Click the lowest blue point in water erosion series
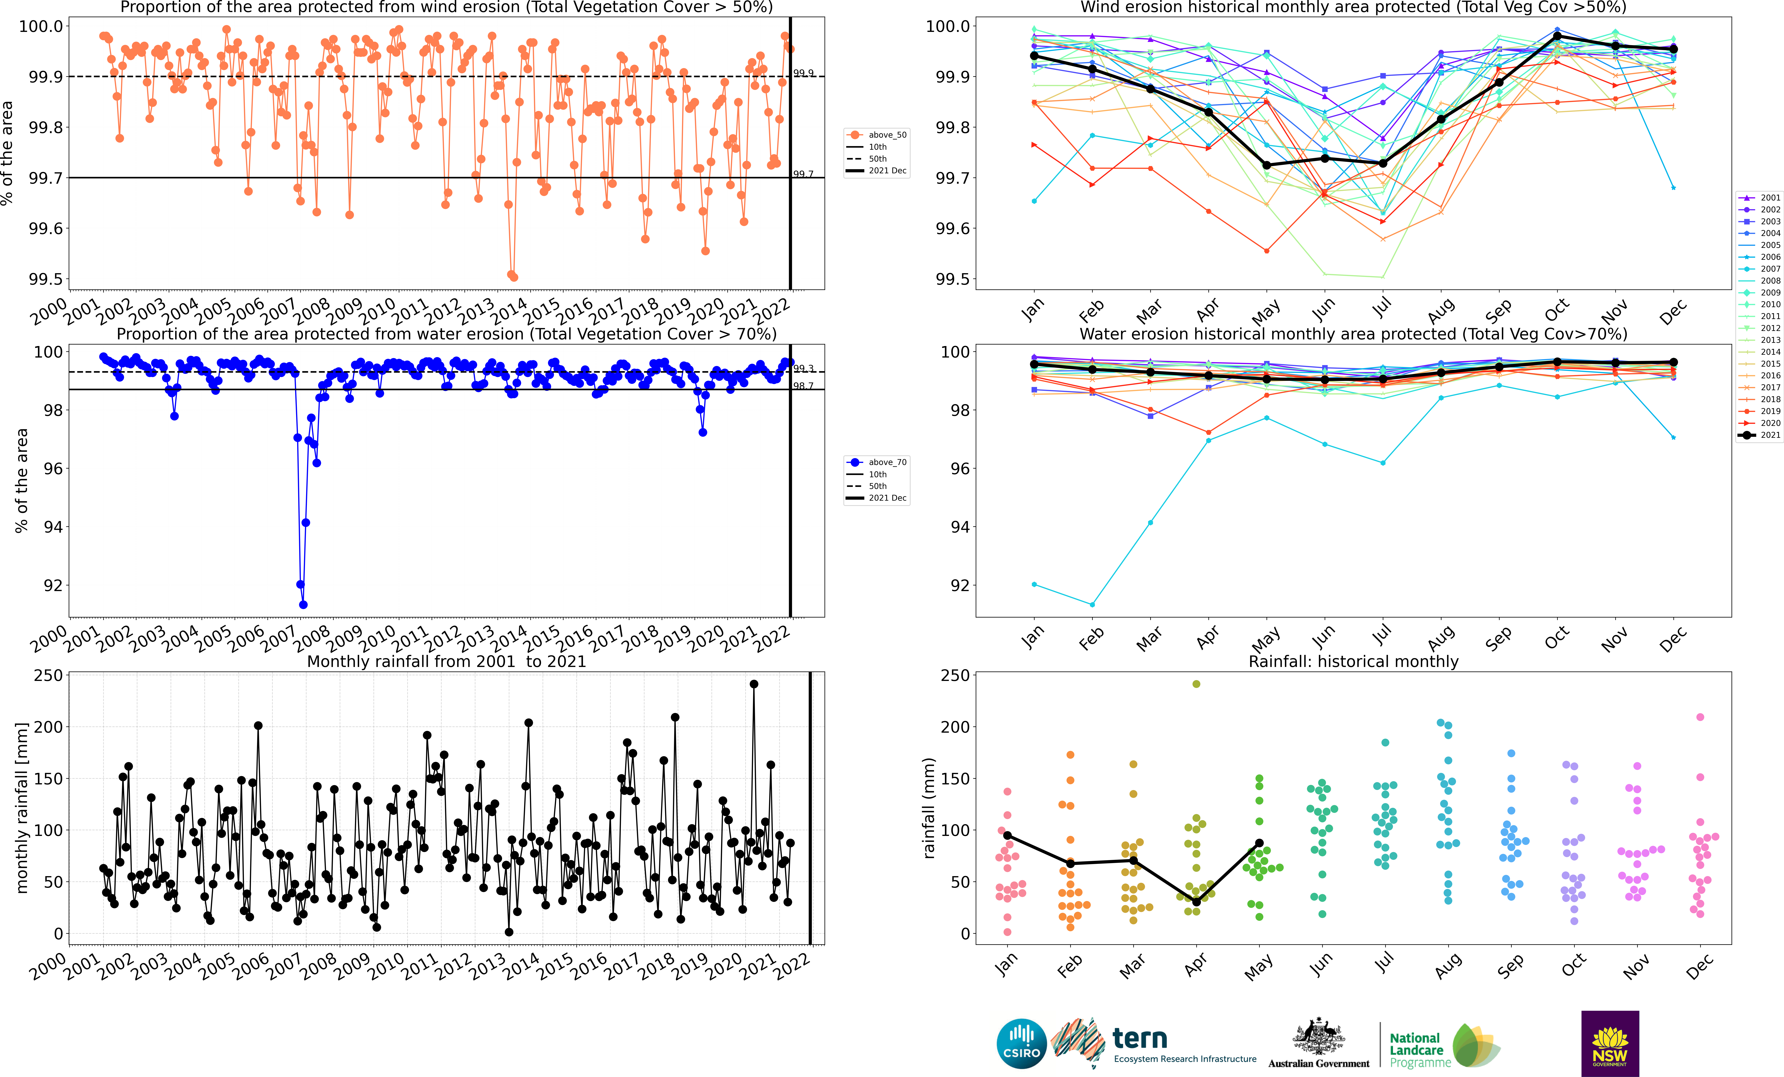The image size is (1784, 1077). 303,605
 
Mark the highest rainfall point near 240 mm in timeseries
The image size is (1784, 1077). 754,684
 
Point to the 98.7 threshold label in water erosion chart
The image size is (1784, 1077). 803,386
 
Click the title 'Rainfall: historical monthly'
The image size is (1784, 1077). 1353,661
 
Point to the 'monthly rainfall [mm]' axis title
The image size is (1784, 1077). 22,808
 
